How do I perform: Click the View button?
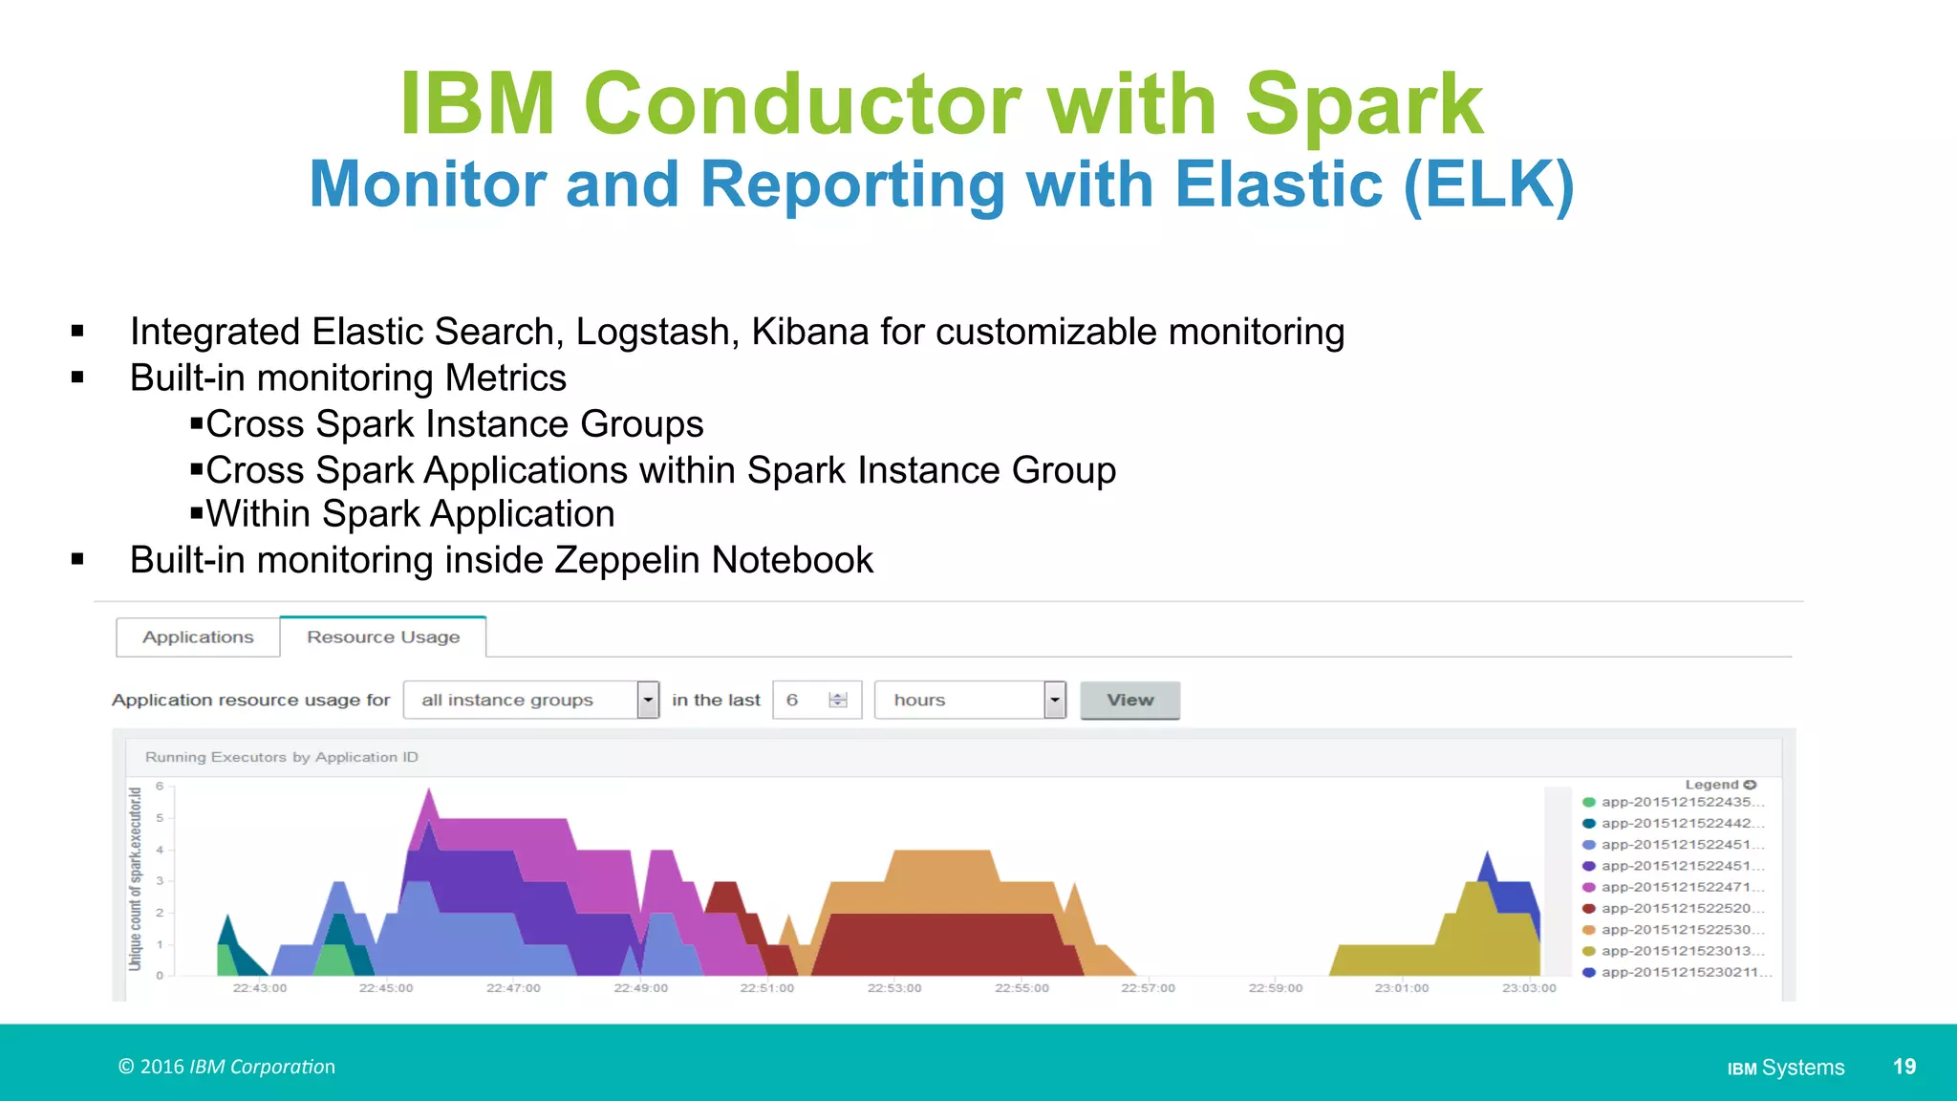(1129, 700)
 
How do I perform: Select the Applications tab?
(198, 637)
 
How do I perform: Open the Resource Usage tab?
(383, 637)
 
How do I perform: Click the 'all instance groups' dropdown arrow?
(648, 700)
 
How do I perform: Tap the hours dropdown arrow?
(1054, 700)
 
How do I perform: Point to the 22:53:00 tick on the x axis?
(894, 987)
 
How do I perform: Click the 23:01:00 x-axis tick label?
(1402, 987)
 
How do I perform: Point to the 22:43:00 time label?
(260, 987)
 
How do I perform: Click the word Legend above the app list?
(1710, 785)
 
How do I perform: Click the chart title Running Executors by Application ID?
(282, 757)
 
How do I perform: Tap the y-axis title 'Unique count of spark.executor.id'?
(135, 878)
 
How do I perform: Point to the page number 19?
(1903, 1067)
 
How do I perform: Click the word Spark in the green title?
(1364, 104)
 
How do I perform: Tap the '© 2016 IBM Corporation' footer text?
(226, 1067)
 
